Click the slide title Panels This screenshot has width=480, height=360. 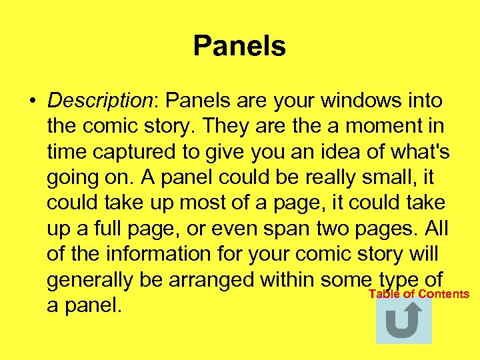point(239,47)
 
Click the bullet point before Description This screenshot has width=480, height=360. point(32,101)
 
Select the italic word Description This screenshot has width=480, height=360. point(100,101)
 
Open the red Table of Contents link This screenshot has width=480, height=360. point(419,294)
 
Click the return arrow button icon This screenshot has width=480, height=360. point(403,321)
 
